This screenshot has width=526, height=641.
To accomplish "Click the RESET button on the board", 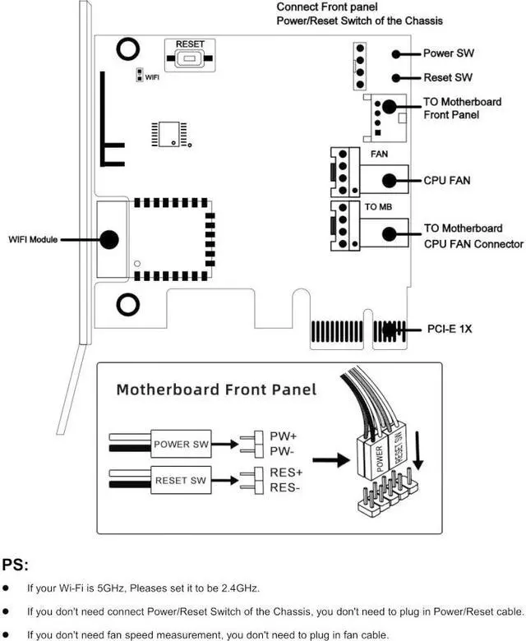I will click(190, 58).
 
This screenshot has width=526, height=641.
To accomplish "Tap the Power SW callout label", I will click(448, 54).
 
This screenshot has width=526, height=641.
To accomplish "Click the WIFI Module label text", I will click(34, 240).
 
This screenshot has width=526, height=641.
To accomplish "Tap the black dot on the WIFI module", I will click(108, 239).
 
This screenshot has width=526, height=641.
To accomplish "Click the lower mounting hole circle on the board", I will click(127, 306).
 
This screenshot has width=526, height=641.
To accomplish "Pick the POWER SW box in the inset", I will click(182, 445).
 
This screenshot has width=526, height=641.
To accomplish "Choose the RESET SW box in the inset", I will click(182, 480).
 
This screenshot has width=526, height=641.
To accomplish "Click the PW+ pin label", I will click(283, 436).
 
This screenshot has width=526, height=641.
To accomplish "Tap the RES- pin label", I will click(285, 488).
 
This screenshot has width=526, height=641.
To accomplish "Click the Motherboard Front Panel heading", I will click(216, 389).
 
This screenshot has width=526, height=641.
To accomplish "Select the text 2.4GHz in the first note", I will click(238, 588).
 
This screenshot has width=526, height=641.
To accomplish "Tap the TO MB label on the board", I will click(379, 206).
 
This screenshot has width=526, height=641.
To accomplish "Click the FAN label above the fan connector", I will click(379, 154).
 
